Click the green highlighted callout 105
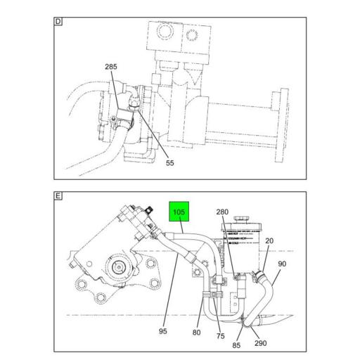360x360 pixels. point(178,212)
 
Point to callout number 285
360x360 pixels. point(111,67)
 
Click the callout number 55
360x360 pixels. point(169,162)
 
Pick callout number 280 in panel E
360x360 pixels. point(222,212)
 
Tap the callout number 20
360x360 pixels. point(270,240)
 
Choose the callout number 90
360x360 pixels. point(282,264)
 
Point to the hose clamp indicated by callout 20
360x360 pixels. point(262,274)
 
